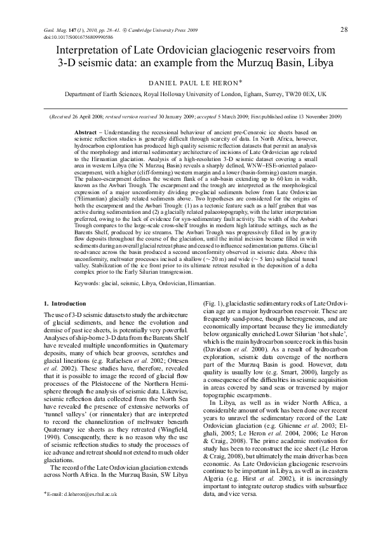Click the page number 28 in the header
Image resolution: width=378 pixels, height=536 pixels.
[344, 30]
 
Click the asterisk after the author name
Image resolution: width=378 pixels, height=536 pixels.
[241, 81]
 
